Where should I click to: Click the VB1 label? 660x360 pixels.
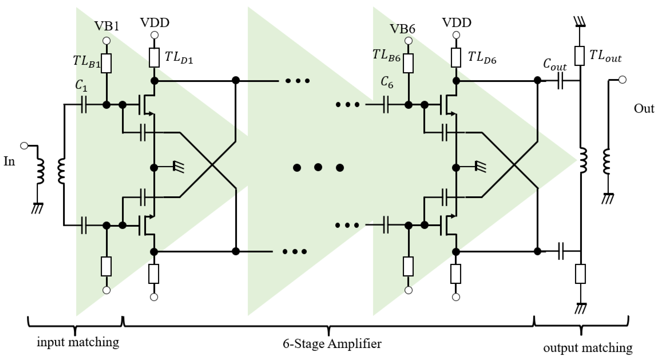coord(107,26)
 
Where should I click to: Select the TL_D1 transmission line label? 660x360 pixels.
coord(179,57)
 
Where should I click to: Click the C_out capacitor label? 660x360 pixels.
coord(554,65)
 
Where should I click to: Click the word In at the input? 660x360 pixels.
coord(9,162)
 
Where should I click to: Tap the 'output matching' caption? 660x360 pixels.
coord(588,348)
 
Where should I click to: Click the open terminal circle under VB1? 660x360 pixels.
coord(106,41)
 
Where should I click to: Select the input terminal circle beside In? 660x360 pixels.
coord(24,146)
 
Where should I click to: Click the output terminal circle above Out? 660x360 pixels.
coord(622,80)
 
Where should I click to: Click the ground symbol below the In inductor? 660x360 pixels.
coord(37,208)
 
